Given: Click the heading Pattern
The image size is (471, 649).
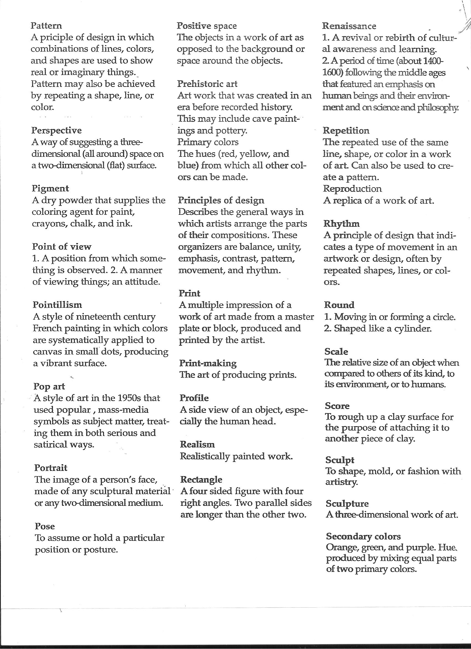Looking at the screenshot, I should [46, 26].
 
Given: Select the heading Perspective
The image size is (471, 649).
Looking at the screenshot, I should [56, 130].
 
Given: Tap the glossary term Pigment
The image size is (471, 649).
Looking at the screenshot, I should [50, 189].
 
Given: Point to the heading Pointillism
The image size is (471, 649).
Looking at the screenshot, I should [57, 305].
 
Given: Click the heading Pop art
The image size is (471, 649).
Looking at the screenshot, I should [49, 386].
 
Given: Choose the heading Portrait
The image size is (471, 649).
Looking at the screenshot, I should [51, 468].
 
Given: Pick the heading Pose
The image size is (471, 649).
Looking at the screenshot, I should [45, 526].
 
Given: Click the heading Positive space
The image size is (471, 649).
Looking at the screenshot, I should [207, 26].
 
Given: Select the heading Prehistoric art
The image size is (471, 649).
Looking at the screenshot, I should [207, 84].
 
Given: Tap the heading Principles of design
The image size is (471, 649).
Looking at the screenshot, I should [221, 200].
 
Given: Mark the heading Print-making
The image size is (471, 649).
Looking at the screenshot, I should [208, 363].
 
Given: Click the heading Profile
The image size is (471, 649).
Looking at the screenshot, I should [194, 398].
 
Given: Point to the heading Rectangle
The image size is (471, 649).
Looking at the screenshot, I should [201, 479].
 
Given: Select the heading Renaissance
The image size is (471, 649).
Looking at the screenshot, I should [349, 26].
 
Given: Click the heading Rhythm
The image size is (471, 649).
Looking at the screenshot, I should [341, 223].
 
